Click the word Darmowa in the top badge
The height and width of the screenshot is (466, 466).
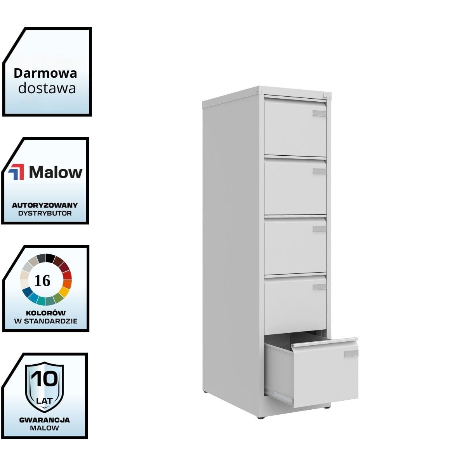click(45, 73)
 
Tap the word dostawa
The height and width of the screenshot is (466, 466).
click(47, 88)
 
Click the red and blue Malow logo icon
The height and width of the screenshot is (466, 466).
click(16, 172)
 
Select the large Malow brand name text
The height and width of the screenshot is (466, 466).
click(56, 172)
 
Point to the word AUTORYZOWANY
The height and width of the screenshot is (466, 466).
click(45, 205)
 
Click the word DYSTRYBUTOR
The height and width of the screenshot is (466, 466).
click(45, 213)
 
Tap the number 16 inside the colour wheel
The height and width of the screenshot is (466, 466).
click(42, 280)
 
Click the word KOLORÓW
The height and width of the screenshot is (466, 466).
click(46, 313)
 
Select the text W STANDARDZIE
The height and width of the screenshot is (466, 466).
click(46, 321)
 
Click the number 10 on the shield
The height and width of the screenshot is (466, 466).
click(45, 379)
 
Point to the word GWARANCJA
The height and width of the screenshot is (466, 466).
click(45, 420)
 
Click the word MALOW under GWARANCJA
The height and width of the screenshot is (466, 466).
click(45, 428)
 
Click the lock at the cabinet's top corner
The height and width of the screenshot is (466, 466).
click(325, 95)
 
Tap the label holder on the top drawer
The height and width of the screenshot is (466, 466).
click(320, 113)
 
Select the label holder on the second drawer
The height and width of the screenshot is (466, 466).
click(320, 171)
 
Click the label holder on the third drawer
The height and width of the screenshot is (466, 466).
click(320, 229)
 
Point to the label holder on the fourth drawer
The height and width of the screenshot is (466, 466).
click(320, 287)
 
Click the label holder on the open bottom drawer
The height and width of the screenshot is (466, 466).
click(351, 354)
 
